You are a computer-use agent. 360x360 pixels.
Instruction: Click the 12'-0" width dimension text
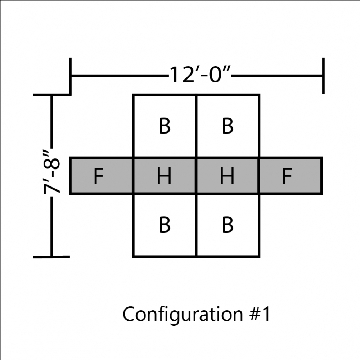(x=199, y=75)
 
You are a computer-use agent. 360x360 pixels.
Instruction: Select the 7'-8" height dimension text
(x=52, y=172)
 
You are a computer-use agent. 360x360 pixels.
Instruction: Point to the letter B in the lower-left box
(x=165, y=225)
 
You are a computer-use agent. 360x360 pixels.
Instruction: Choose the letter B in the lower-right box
(x=228, y=225)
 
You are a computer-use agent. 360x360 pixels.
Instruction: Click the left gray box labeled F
(x=102, y=176)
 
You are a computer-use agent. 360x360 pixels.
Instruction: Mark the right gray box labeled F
(x=291, y=176)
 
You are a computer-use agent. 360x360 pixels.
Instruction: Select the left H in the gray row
(x=164, y=176)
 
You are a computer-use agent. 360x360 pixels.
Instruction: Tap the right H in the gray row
(x=227, y=176)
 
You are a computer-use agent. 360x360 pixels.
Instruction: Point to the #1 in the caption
(x=260, y=314)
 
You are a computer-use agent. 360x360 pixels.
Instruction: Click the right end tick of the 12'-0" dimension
(x=323, y=76)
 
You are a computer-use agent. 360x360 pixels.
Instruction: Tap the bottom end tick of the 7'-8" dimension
(x=51, y=257)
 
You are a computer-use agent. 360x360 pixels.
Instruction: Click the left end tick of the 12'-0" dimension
(x=70, y=76)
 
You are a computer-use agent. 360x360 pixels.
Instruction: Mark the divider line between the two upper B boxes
(x=196, y=126)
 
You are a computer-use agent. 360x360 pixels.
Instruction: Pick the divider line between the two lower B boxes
(x=196, y=226)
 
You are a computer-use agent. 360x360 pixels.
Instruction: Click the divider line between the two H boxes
(x=196, y=176)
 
